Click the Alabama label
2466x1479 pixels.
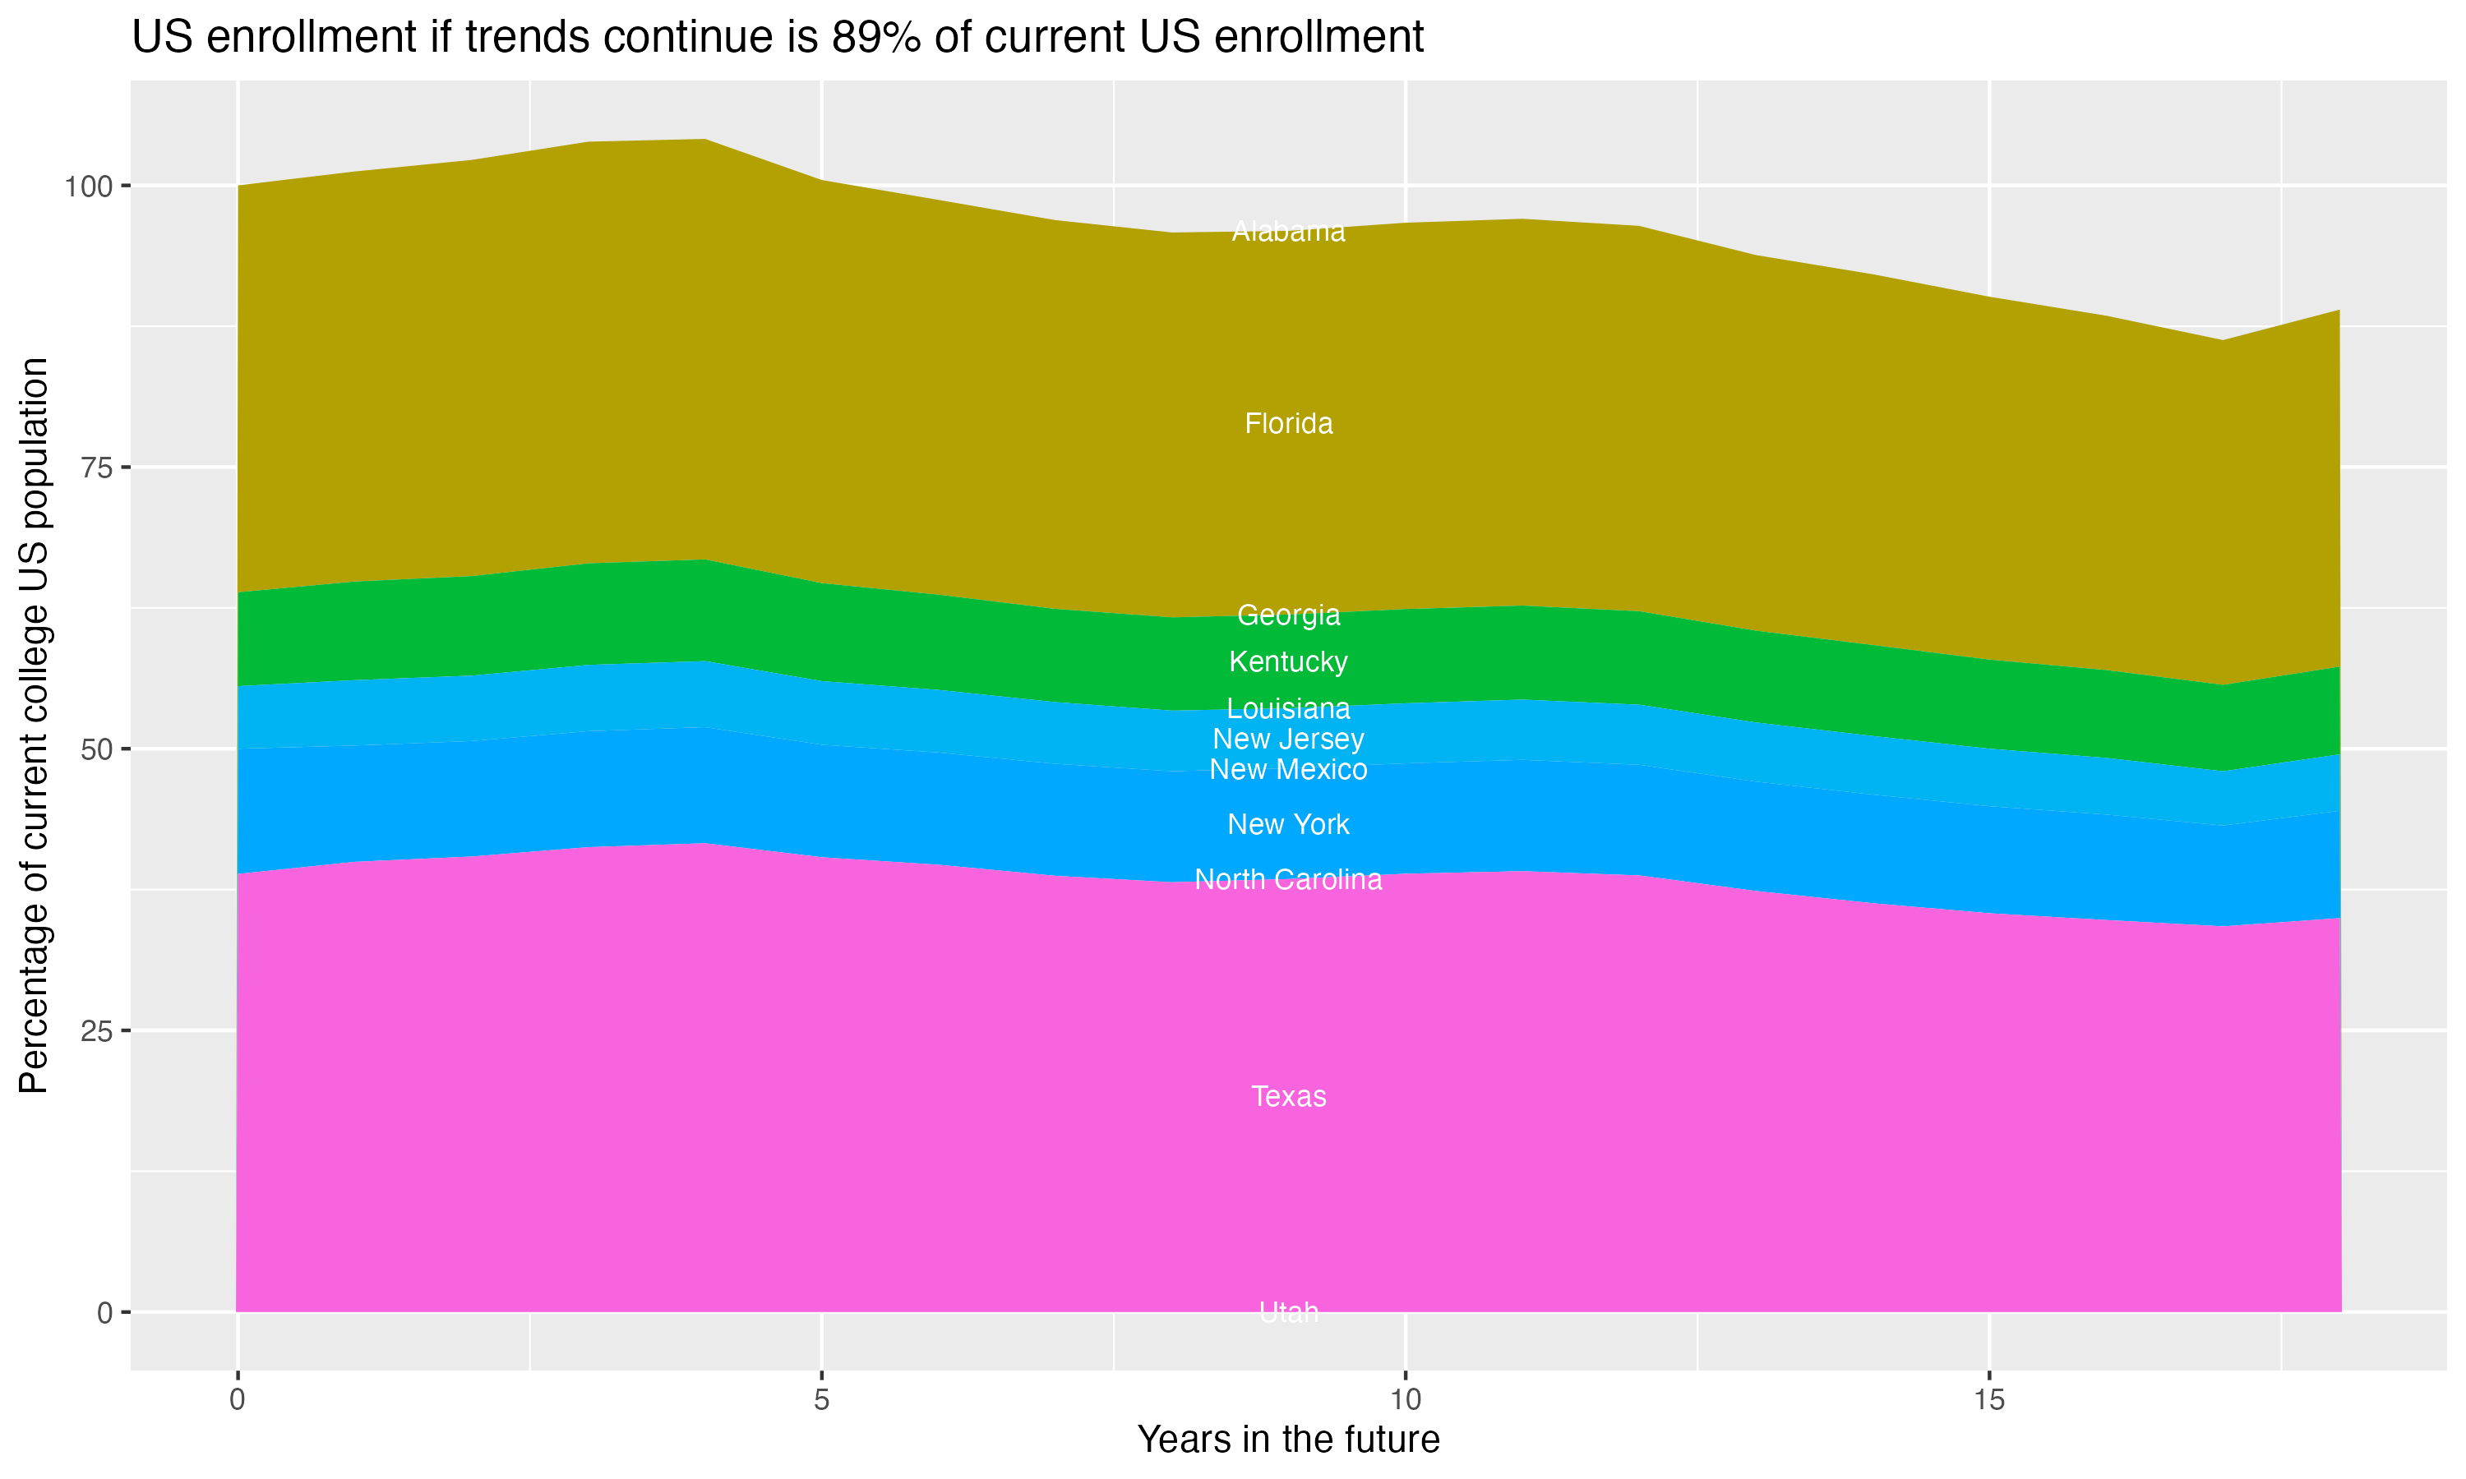(x=1288, y=231)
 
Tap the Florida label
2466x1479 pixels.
(x=1288, y=423)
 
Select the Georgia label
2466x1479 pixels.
(x=1288, y=615)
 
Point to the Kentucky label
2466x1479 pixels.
(x=1288, y=661)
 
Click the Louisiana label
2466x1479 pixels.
(x=1288, y=708)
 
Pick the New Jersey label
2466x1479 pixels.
(x=1288, y=739)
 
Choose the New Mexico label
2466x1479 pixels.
(x=1288, y=769)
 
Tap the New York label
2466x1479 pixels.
(x=1288, y=824)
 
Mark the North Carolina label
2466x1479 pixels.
(x=1288, y=879)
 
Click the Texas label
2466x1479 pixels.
(x=1288, y=1096)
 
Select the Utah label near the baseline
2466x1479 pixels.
(x=1288, y=1312)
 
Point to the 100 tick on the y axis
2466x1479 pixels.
(x=90, y=187)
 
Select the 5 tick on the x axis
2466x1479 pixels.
(x=821, y=1400)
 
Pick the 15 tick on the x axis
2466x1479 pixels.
(x=1988, y=1400)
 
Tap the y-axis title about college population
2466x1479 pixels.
(x=34, y=726)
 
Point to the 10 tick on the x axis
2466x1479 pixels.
(x=1405, y=1400)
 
